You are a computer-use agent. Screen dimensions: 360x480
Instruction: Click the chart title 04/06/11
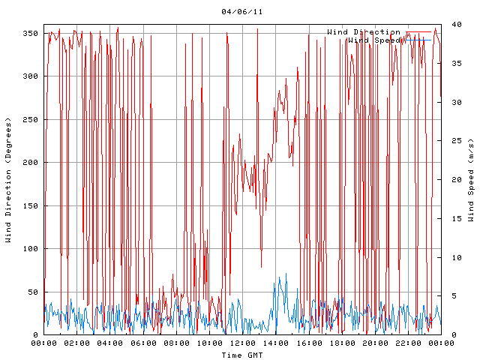coord(242,11)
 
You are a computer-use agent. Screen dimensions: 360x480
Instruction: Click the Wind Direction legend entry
coord(364,32)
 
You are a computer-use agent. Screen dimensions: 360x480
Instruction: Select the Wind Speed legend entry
coord(374,40)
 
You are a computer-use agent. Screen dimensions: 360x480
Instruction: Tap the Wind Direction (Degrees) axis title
coord(9,180)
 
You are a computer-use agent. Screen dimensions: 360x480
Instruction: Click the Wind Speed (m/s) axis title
coord(471,180)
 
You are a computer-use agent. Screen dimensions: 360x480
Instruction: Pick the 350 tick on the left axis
coord(30,34)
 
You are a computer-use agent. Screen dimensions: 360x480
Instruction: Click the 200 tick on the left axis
coord(30,163)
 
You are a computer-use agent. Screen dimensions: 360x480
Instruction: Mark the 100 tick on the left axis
coord(30,249)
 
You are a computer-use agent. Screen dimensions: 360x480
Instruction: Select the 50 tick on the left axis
coord(32,292)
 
